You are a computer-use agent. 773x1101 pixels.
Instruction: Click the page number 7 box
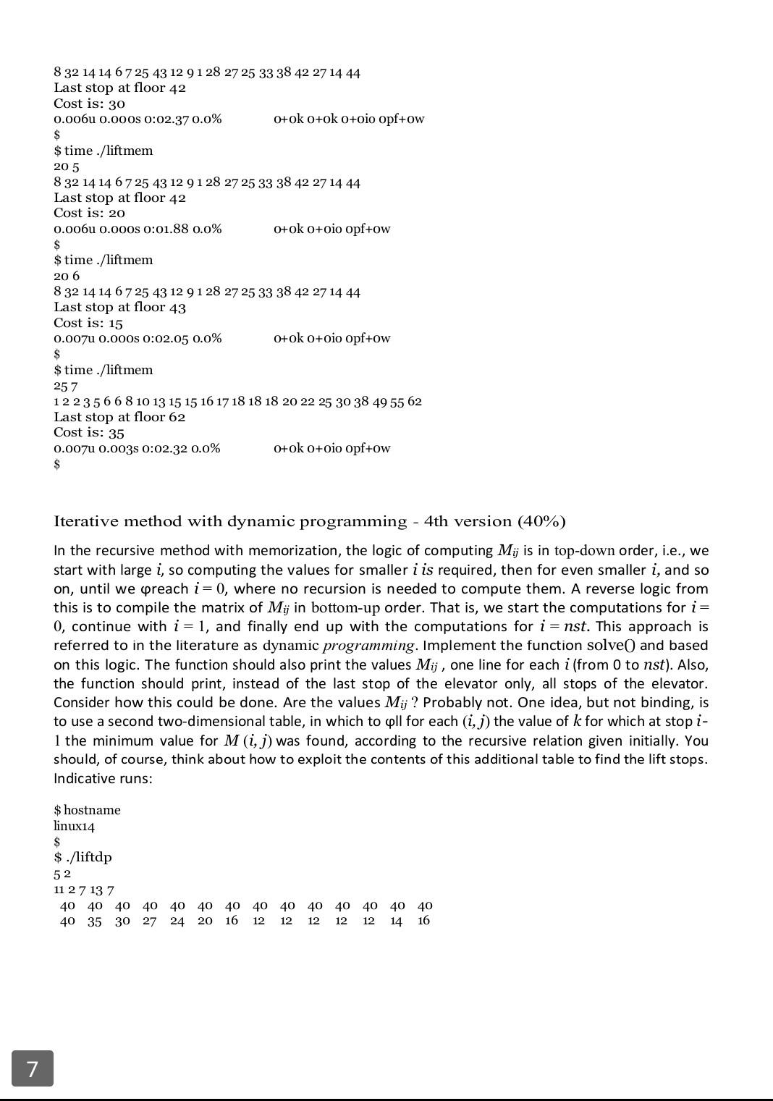33,1068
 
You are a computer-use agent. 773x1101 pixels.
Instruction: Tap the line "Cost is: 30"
89,104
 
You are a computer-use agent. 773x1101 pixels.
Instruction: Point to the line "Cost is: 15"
88,323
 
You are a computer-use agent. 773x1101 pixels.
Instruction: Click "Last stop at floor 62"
119,417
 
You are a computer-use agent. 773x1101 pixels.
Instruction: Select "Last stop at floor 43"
119,307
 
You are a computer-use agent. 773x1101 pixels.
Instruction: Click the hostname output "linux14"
74,826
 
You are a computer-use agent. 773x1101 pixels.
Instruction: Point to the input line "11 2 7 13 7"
83,890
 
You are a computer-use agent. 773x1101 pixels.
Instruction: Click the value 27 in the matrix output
149,921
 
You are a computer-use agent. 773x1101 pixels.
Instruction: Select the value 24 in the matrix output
177,921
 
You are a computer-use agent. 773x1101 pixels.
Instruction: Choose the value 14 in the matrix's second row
396,921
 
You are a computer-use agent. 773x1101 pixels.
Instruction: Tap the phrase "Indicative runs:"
103,779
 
